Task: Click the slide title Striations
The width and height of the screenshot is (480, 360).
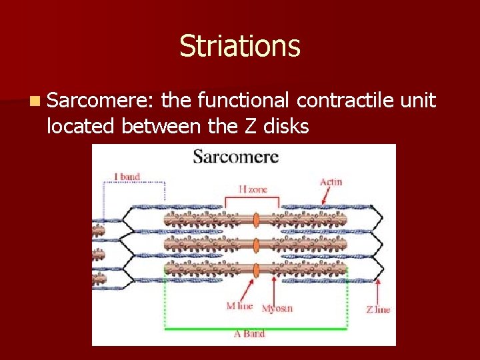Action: pos(240,47)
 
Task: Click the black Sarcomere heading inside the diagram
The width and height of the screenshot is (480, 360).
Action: pos(235,157)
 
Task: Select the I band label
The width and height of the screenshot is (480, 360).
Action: pos(127,177)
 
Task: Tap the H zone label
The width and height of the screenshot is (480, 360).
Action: pos(253,189)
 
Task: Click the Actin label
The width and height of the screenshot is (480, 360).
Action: pos(331,182)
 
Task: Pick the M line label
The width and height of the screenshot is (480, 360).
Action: pos(239,306)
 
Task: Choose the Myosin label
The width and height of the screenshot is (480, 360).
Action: pos(277,309)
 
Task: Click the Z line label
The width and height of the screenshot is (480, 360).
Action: pos(378,309)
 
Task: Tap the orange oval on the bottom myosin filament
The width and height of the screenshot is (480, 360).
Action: pos(255,269)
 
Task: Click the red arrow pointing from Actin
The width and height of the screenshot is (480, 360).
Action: pos(327,195)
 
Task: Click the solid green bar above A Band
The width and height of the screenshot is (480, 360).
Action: pos(256,328)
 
